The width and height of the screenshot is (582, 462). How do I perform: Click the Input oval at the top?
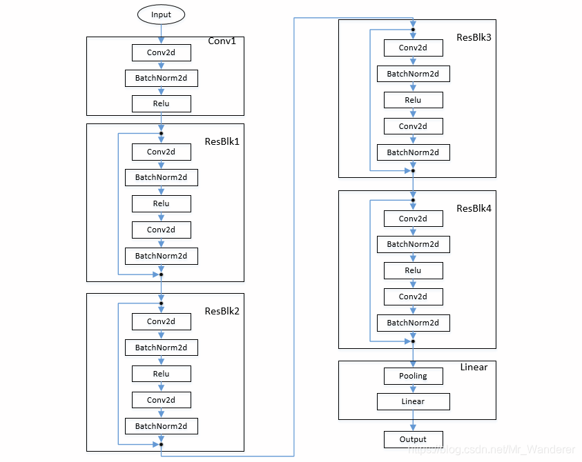click(x=161, y=14)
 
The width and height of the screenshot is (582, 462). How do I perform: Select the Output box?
click(x=413, y=439)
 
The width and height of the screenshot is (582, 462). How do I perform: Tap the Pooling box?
click(x=413, y=376)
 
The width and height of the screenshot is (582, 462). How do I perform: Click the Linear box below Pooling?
click(x=413, y=401)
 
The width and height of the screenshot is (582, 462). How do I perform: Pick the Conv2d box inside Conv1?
click(x=161, y=52)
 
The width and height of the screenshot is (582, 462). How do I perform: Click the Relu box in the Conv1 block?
click(x=161, y=103)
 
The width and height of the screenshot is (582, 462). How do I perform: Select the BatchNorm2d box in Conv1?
click(x=161, y=78)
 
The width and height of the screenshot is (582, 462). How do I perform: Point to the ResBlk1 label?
click(x=222, y=141)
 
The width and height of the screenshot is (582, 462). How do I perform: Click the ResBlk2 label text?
click(x=222, y=311)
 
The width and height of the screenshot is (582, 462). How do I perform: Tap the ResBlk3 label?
click(x=474, y=37)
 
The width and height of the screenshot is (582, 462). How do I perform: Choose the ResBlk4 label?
click(x=474, y=208)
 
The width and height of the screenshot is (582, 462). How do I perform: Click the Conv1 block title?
click(x=222, y=41)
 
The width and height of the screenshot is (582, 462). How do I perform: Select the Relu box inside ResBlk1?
click(x=161, y=203)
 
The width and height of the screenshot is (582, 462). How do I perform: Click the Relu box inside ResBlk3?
click(x=413, y=100)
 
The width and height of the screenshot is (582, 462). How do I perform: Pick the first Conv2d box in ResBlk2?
click(x=161, y=321)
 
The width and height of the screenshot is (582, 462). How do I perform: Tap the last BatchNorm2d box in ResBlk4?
click(x=413, y=323)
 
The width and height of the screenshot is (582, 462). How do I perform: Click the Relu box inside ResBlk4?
click(x=413, y=270)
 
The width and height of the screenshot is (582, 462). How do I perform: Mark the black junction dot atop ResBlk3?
click(x=413, y=30)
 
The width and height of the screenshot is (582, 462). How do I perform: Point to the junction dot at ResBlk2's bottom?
click(x=161, y=444)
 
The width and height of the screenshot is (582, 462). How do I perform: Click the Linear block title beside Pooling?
click(x=474, y=367)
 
